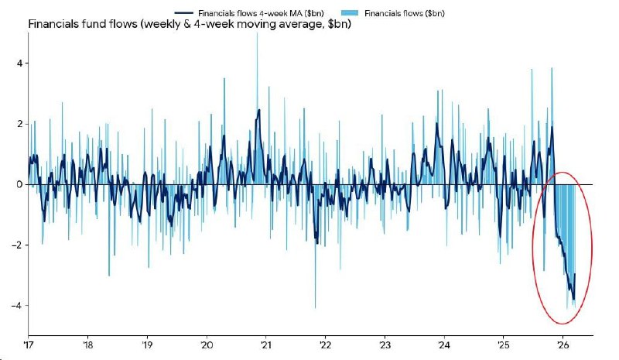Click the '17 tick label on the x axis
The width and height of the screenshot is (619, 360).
tap(28, 345)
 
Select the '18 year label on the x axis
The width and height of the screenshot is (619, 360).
tap(87, 345)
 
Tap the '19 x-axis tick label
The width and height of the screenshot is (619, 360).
tap(147, 345)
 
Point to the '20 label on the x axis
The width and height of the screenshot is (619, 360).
tap(207, 345)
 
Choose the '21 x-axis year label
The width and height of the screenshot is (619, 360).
tap(266, 345)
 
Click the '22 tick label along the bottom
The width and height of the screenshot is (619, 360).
tap(326, 345)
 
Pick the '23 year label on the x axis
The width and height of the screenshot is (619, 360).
tap(385, 345)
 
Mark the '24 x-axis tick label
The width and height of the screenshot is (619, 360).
tap(444, 345)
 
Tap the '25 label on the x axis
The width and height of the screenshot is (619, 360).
tap(504, 345)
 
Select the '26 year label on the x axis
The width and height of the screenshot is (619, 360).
tap(563, 345)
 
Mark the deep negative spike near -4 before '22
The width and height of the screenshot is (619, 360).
tap(315, 306)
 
